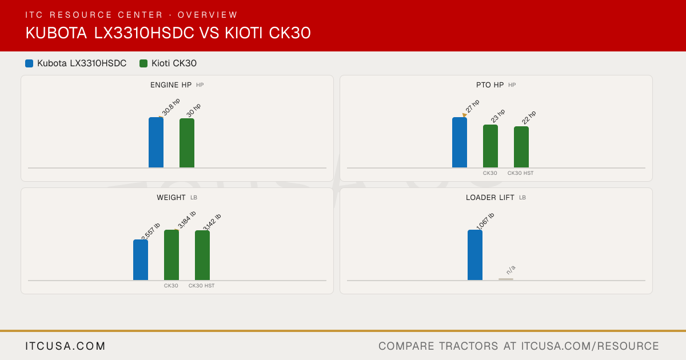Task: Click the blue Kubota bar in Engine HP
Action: (x=156, y=142)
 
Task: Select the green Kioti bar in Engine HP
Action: (x=187, y=143)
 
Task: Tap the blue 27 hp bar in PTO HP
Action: (x=460, y=142)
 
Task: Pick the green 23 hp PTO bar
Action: (x=490, y=146)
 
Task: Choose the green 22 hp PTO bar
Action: (x=521, y=147)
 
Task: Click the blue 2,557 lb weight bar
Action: (x=141, y=260)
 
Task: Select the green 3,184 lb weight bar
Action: (x=171, y=255)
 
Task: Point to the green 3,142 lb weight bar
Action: (x=202, y=255)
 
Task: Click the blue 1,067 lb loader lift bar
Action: (x=475, y=255)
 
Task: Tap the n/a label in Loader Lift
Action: (x=511, y=270)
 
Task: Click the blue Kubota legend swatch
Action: (x=29, y=63)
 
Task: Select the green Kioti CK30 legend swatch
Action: (x=143, y=63)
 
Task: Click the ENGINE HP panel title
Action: (x=171, y=85)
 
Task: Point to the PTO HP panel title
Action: (x=490, y=85)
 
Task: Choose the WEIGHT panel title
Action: (x=171, y=198)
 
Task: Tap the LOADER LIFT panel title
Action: (x=490, y=198)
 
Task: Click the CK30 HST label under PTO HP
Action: (x=520, y=173)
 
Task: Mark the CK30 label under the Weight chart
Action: (x=171, y=286)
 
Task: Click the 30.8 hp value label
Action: (x=171, y=107)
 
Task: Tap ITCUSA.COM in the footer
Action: (x=65, y=346)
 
